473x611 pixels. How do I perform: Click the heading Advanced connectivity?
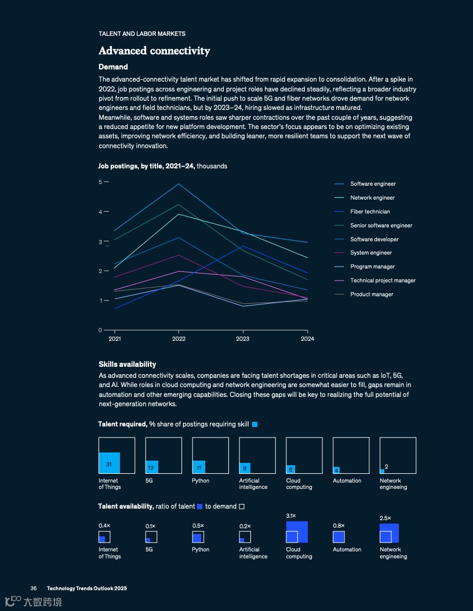(x=154, y=51)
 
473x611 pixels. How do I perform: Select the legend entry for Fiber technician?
(x=370, y=212)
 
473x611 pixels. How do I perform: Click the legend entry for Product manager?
(x=372, y=295)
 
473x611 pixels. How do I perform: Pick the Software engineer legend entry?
(x=373, y=184)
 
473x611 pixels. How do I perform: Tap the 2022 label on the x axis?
(x=179, y=339)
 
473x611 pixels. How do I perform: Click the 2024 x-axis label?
(x=307, y=339)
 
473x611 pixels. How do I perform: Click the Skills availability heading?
(x=127, y=365)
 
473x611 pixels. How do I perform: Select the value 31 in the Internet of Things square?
(x=108, y=465)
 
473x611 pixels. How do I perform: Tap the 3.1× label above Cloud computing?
(x=291, y=516)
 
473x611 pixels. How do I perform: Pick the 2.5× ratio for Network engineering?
(x=385, y=518)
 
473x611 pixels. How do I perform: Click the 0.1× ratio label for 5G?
(x=150, y=526)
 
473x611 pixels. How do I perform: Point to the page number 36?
(x=34, y=588)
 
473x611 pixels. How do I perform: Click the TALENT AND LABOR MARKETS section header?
(x=142, y=34)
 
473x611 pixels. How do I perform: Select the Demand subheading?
(x=113, y=67)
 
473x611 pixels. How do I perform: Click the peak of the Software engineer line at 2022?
(x=179, y=184)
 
